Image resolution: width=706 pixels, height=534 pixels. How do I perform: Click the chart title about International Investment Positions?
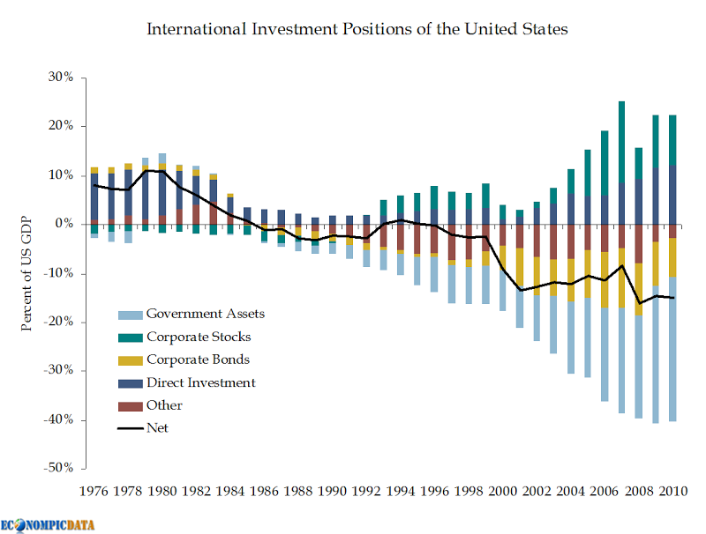pos(357,29)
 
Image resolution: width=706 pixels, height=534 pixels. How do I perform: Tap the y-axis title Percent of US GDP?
pos(27,272)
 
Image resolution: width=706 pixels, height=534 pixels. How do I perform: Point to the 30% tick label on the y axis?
pos(60,78)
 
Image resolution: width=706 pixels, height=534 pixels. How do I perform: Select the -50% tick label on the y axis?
pos(57,468)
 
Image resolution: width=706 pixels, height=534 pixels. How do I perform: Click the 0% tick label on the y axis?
pos(64,224)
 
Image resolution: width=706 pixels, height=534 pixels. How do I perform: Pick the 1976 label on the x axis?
pos(94,490)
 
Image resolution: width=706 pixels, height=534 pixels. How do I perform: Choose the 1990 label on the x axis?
pos(332,490)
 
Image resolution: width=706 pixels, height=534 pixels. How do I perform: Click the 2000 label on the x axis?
pos(501,490)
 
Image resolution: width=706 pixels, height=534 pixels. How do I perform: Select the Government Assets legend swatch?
pos(129,314)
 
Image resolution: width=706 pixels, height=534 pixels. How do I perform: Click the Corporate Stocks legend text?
pos(199,337)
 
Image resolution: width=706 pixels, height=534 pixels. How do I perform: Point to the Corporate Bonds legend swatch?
pos(129,360)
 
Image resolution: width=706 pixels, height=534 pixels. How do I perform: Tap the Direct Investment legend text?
pos(201,382)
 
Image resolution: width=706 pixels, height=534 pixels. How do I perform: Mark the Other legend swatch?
pos(129,405)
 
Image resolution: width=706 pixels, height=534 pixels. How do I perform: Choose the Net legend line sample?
pos(129,428)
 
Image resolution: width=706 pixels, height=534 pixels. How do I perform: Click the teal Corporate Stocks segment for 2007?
pos(621,141)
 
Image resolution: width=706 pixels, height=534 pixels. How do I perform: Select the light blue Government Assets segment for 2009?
pos(656,352)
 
